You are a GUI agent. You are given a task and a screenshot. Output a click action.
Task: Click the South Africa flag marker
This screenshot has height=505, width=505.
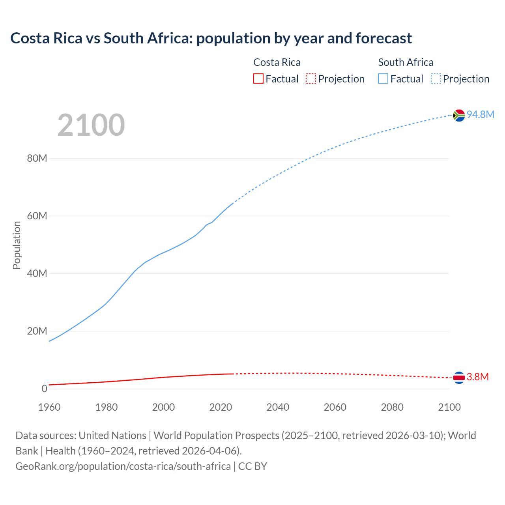click(459, 115)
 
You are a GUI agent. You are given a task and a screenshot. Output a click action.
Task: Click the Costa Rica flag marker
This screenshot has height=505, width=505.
click(459, 378)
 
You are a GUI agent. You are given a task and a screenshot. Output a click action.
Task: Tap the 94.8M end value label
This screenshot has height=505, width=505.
click(480, 114)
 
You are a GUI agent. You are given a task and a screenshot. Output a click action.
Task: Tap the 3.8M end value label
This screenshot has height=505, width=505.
click(477, 377)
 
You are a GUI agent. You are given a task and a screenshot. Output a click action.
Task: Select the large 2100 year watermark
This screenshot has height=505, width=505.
click(91, 125)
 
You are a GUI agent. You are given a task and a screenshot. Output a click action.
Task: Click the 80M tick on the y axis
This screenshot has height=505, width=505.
click(37, 159)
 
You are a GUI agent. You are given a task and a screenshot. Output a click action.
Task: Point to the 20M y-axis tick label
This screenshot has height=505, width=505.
click(37, 331)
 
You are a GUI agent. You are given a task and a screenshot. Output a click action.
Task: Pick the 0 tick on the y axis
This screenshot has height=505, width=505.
click(44, 389)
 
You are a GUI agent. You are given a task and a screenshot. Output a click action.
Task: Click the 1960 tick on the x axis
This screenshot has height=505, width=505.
click(49, 407)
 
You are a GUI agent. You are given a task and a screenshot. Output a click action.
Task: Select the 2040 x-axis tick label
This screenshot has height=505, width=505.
click(278, 407)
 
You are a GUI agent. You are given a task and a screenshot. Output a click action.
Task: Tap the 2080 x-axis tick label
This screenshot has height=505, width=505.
click(392, 407)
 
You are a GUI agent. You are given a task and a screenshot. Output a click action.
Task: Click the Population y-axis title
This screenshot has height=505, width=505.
click(17, 245)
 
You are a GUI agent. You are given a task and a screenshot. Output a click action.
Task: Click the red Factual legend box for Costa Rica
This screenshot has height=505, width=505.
click(258, 79)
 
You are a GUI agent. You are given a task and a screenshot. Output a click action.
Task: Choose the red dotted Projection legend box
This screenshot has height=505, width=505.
click(311, 79)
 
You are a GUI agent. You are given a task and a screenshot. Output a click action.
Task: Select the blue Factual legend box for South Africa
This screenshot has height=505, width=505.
click(383, 79)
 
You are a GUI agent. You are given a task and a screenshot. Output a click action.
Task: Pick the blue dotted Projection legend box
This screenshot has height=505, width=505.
click(436, 79)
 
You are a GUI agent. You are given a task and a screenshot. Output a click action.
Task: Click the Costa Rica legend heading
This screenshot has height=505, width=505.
click(277, 62)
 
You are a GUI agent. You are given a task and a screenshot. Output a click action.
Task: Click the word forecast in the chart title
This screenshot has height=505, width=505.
click(383, 38)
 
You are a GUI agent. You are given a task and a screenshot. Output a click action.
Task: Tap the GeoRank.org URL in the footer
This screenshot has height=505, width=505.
click(123, 466)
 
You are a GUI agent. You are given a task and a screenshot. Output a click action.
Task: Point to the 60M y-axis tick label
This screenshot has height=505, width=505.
click(37, 216)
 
